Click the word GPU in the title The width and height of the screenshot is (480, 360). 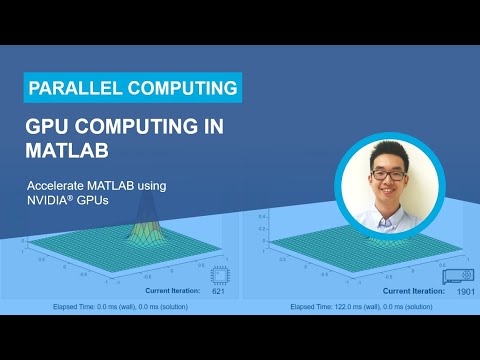pyautogui.click(x=50, y=129)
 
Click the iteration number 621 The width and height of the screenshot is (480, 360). pyautogui.click(x=218, y=291)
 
